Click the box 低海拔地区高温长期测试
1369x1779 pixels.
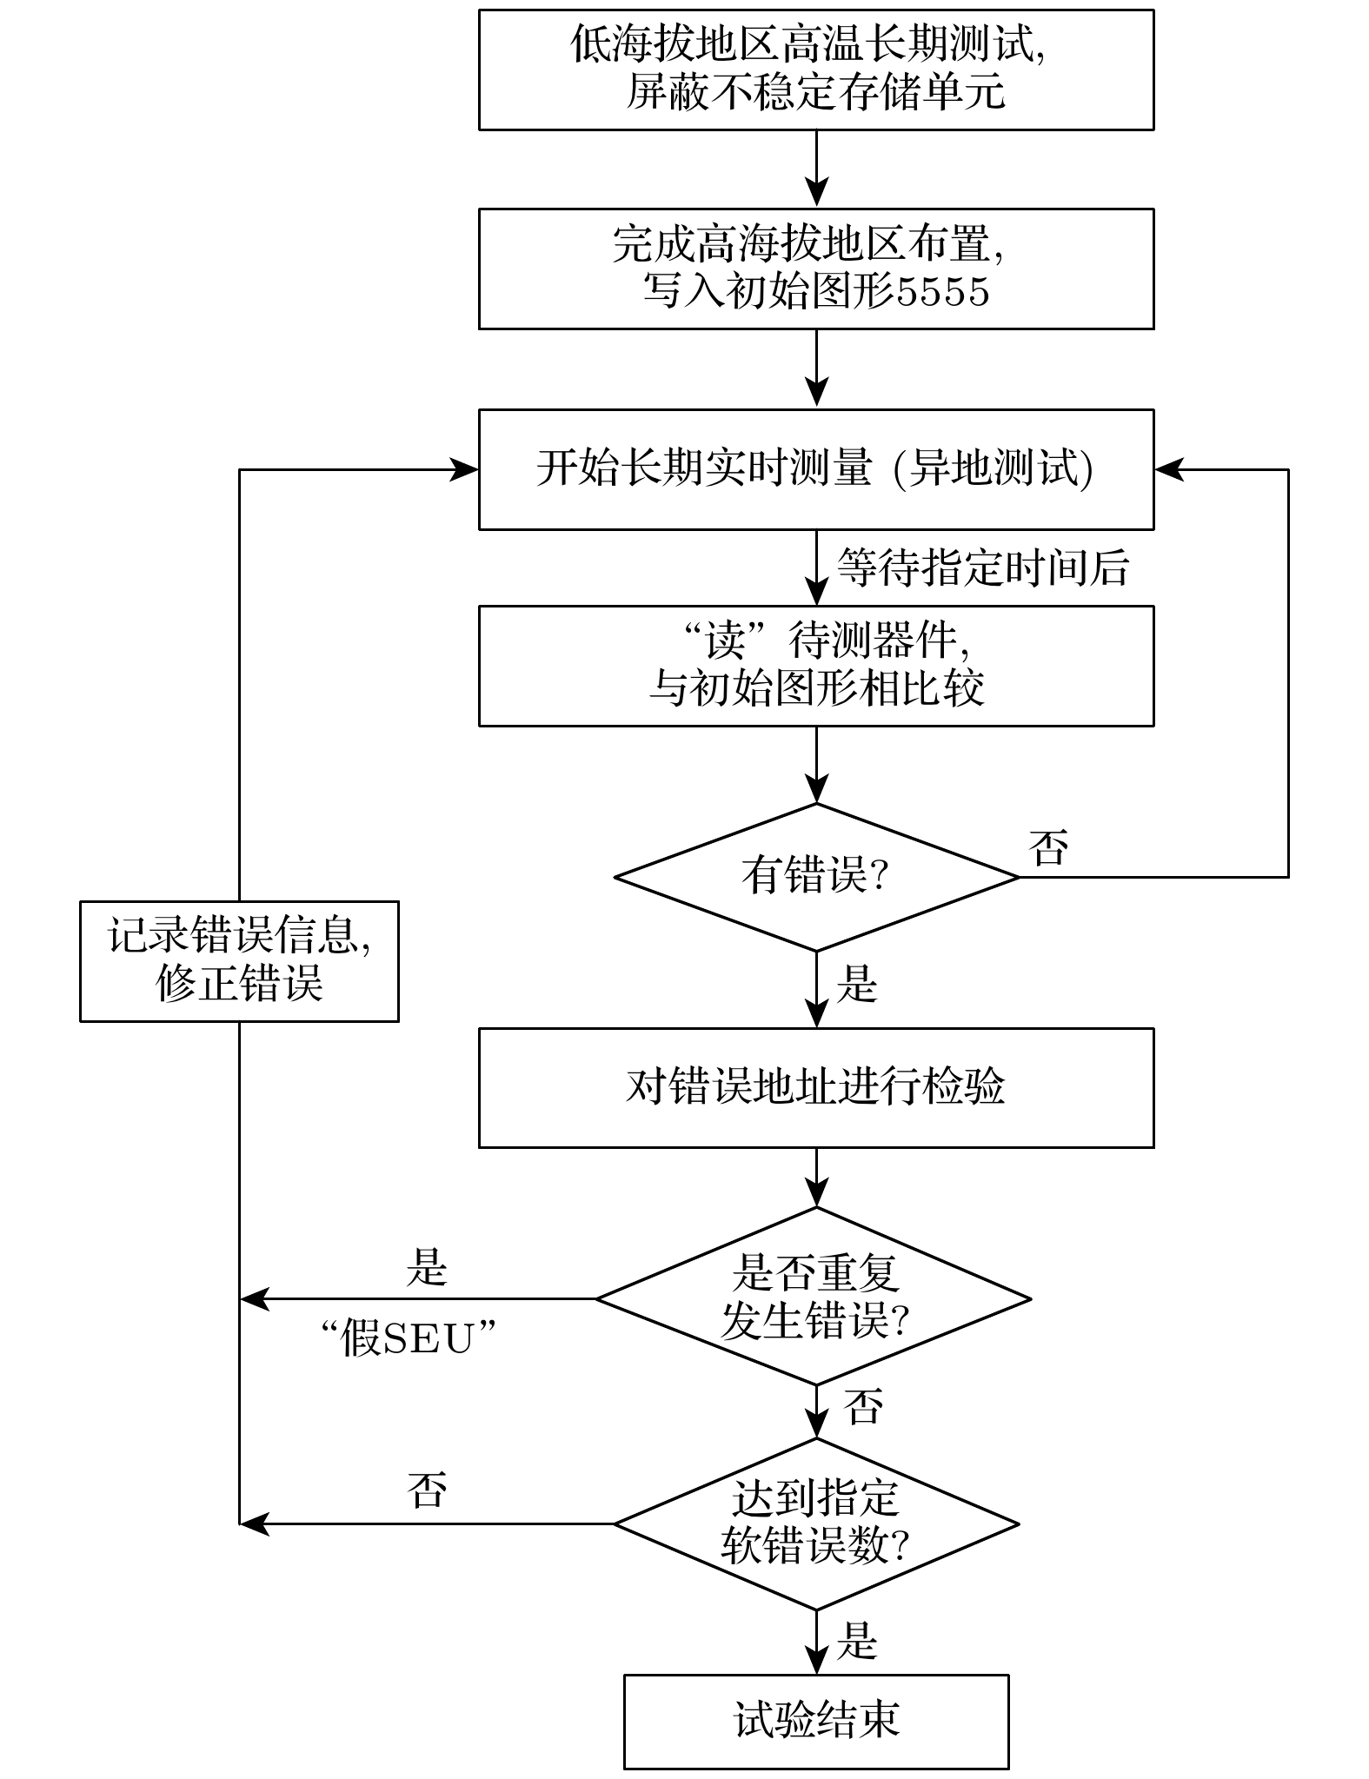click(815, 70)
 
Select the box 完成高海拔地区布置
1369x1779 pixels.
click(815, 269)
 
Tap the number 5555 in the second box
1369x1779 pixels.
click(943, 292)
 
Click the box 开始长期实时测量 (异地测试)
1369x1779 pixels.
click(815, 469)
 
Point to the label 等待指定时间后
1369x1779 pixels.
click(982, 568)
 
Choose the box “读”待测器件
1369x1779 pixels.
click(815, 666)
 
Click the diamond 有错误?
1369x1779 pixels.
click(815, 876)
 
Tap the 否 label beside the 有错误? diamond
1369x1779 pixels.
click(1048, 846)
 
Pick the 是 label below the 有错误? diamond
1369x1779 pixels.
click(857, 986)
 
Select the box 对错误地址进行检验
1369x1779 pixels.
click(815, 1087)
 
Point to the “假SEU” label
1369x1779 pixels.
click(408, 1338)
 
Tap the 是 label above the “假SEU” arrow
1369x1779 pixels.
click(427, 1268)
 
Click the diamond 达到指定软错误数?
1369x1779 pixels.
click(815, 1523)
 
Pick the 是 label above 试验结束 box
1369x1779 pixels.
click(857, 1641)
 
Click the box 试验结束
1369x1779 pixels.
click(815, 1721)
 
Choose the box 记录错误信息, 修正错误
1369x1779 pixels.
click(239, 960)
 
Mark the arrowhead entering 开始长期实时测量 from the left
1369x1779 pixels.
click(464, 469)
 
